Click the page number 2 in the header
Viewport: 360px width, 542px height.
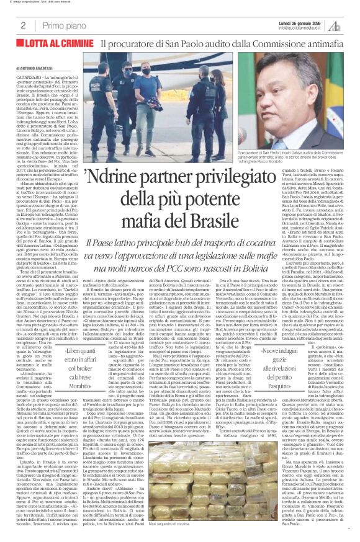pyautogui.click(x=22, y=25)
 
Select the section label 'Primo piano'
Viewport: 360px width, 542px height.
pyautogui.click(x=61, y=25)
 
